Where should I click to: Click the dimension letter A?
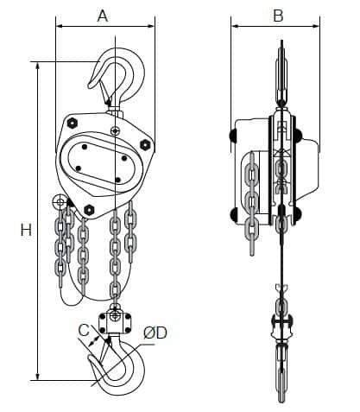click(x=103, y=16)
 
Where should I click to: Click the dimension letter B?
click(x=278, y=16)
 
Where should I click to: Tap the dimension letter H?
click(x=26, y=230)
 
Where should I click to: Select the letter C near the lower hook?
click(x=84, y=330)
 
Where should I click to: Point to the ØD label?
click(x=155, y=333)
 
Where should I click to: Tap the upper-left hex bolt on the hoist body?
click(x=73, y=123)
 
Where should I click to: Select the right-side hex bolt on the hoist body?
click(x=145, y=144)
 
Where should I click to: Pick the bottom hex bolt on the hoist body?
click(x=89, y=209)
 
